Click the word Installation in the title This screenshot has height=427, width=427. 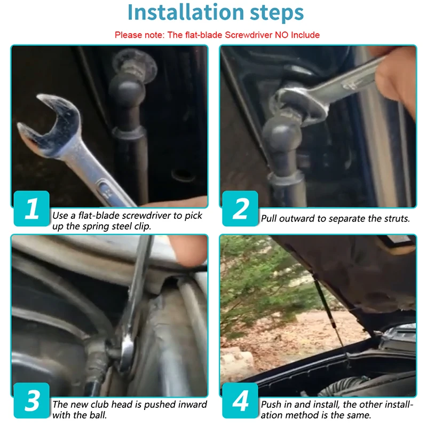tap(185, 12)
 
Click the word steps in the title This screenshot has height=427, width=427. tap(276, 13)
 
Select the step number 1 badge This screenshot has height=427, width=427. tap(31, 208)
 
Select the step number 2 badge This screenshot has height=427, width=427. tap(240, 208)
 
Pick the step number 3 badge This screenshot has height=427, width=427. tap(31, 400)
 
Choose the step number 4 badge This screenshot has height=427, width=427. tap(240, 400)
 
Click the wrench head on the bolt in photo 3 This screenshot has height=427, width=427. tap(127, 351)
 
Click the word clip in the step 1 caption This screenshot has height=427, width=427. tap(143, 226)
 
